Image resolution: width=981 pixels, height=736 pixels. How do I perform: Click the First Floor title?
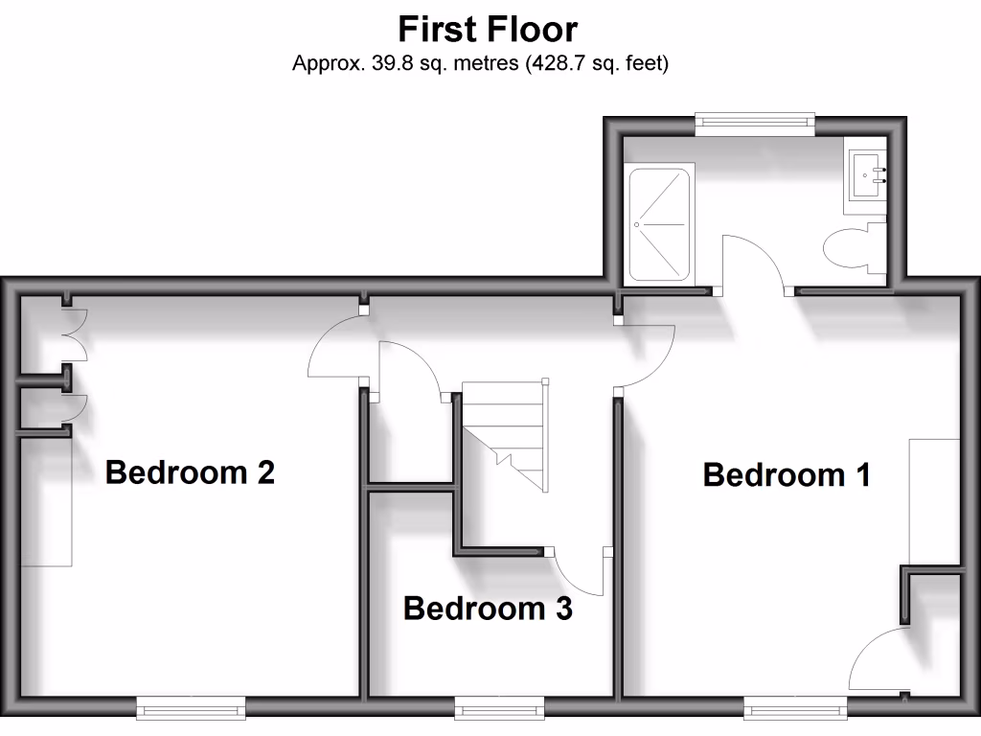pos(488,29)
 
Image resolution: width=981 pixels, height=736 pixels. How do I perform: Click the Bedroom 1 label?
pos(787,474)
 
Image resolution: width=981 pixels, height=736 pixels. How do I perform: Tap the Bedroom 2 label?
pos(190,471)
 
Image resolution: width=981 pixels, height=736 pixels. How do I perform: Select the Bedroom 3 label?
pos(488,608)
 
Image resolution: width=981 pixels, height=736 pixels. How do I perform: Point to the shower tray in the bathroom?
pos(658,225)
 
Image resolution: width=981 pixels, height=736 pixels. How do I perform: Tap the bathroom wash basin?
pos(869,174)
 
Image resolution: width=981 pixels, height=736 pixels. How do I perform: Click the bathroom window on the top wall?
pos(755,120)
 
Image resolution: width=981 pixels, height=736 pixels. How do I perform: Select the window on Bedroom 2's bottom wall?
pos(191,707)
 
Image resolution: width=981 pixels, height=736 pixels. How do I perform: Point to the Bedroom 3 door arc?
pos(580,575)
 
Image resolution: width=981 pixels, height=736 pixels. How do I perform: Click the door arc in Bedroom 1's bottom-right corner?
pos(877,661)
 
